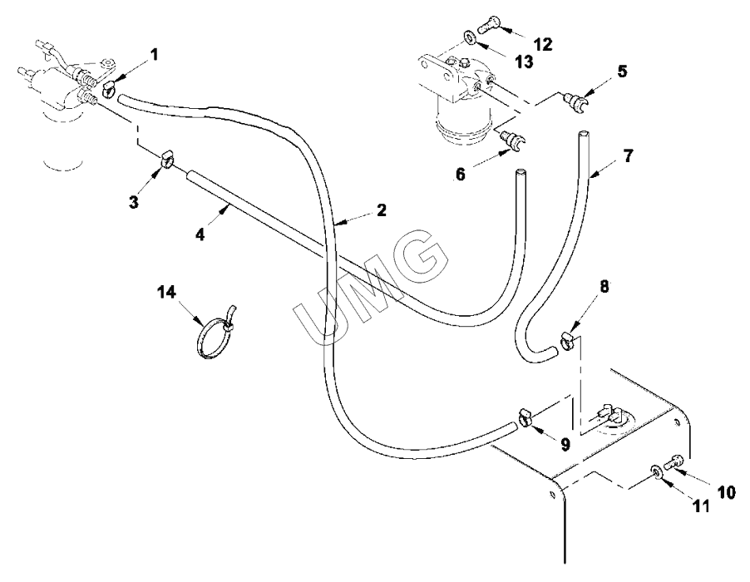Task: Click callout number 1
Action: (x=154, y=56)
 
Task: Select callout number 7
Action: (x=628, y=155)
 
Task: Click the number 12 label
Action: (x=543, y=44)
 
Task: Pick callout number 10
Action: (x=726, y=492)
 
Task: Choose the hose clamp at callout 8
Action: (x=566, y=339)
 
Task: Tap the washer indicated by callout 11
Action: (x=656, y=471)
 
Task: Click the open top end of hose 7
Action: (x=583, y=134)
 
